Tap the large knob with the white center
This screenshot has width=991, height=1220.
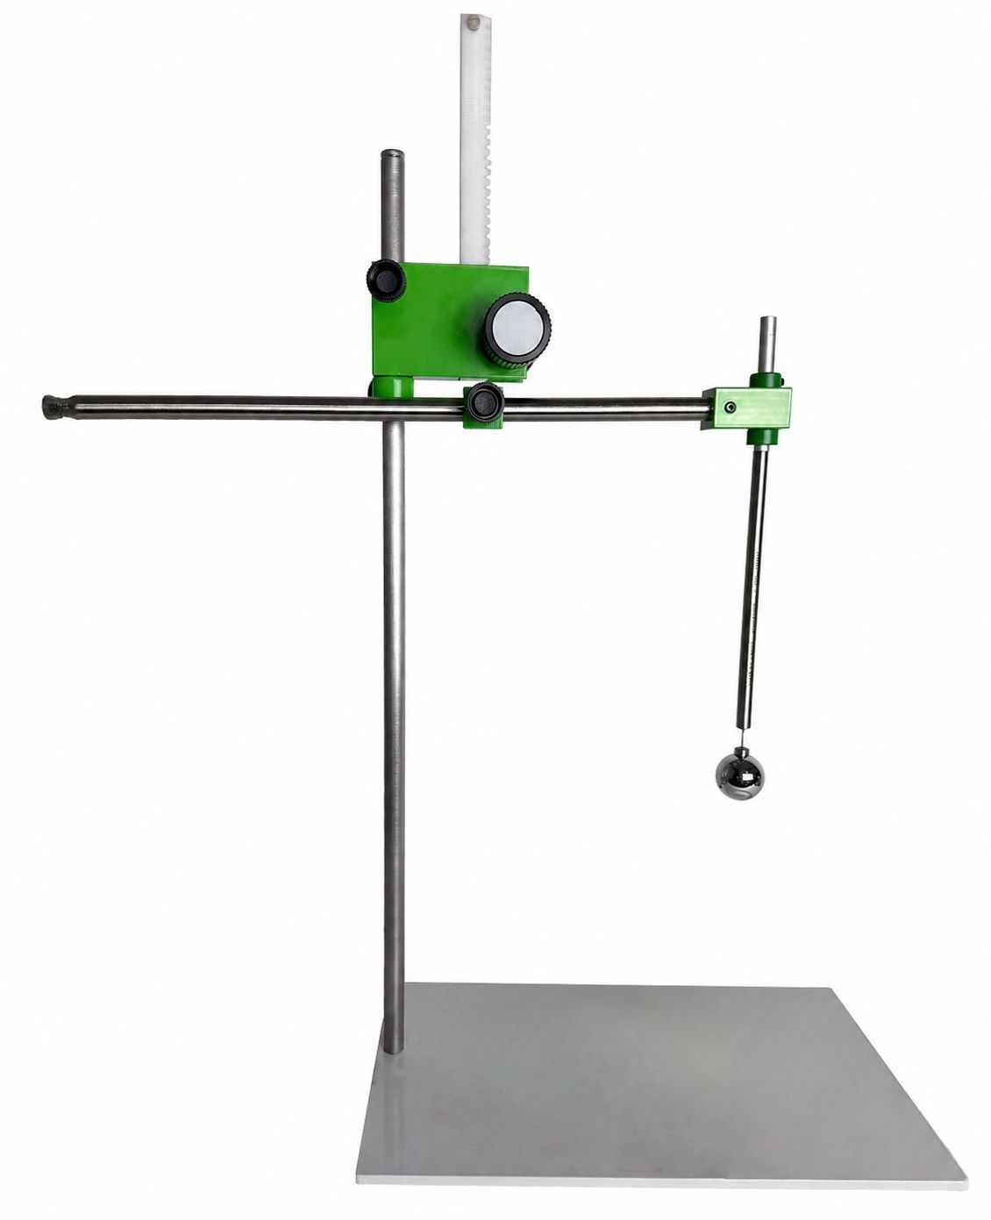[517, 330]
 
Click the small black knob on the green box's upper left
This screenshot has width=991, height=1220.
[386, 280]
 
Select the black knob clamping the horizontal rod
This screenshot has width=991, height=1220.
[483, 404]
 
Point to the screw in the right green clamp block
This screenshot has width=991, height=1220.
[730, 407]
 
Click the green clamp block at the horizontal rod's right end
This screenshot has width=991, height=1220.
[746, 408]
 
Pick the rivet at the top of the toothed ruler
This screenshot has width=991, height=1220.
[474, 21]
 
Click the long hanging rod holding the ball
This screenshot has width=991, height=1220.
[752, 587]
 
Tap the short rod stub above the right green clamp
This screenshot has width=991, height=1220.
[767, 344]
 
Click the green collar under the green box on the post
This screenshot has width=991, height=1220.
[391, 387]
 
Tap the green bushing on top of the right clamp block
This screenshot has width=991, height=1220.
[766, 379]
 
